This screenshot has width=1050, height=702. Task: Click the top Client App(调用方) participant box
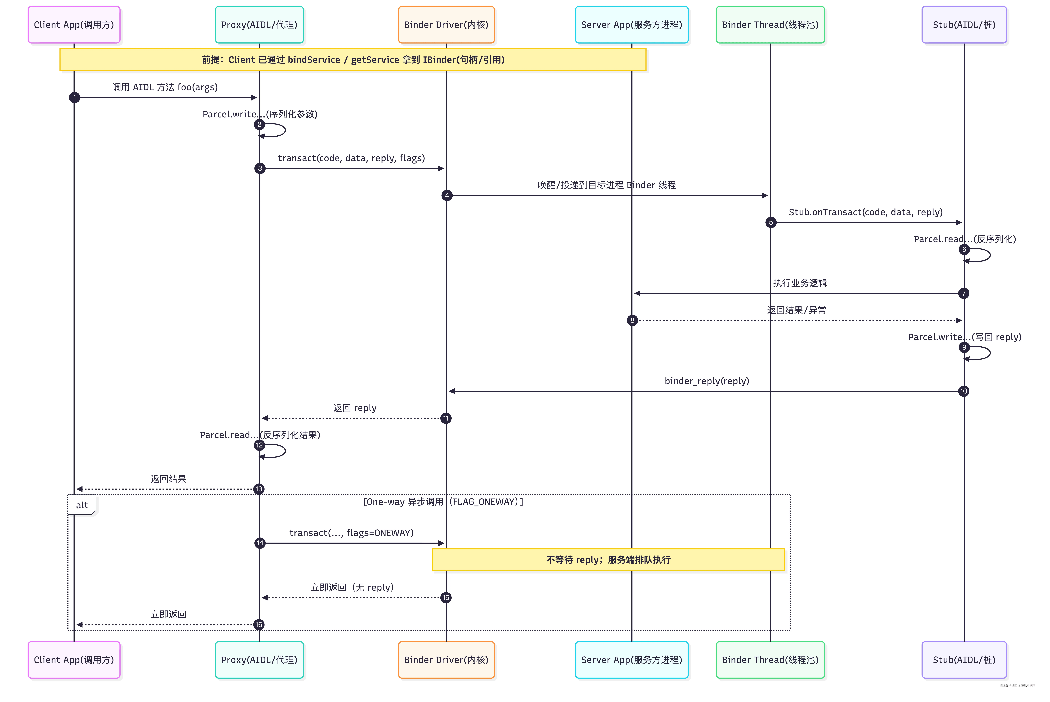[74, 25]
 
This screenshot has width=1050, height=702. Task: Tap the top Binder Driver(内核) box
[446, 25]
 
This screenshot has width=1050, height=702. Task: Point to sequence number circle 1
[74, 98]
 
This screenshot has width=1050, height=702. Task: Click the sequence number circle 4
[447, 195]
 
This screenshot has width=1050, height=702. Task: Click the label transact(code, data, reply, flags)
[351, 158]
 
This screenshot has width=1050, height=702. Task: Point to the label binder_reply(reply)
[706, 381]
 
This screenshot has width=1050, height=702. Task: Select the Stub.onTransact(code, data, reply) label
[865, 212]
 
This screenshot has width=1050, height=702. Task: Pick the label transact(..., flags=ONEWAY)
[351, 533]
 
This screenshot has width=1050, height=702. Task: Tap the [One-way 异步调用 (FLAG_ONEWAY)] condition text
[442, 502]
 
